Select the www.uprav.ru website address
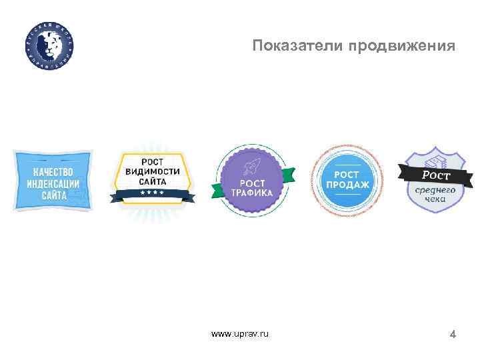pyautogui.click(x=240, y=333)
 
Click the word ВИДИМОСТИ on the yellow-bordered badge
pyautogui.click(x=153, y=171)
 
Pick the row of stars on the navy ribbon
pyautogui.click(x=153, y=193)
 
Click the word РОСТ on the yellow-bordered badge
pyautogui.click(x=153, y=161)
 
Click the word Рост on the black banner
pyautogui.click(x=437, y=175)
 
